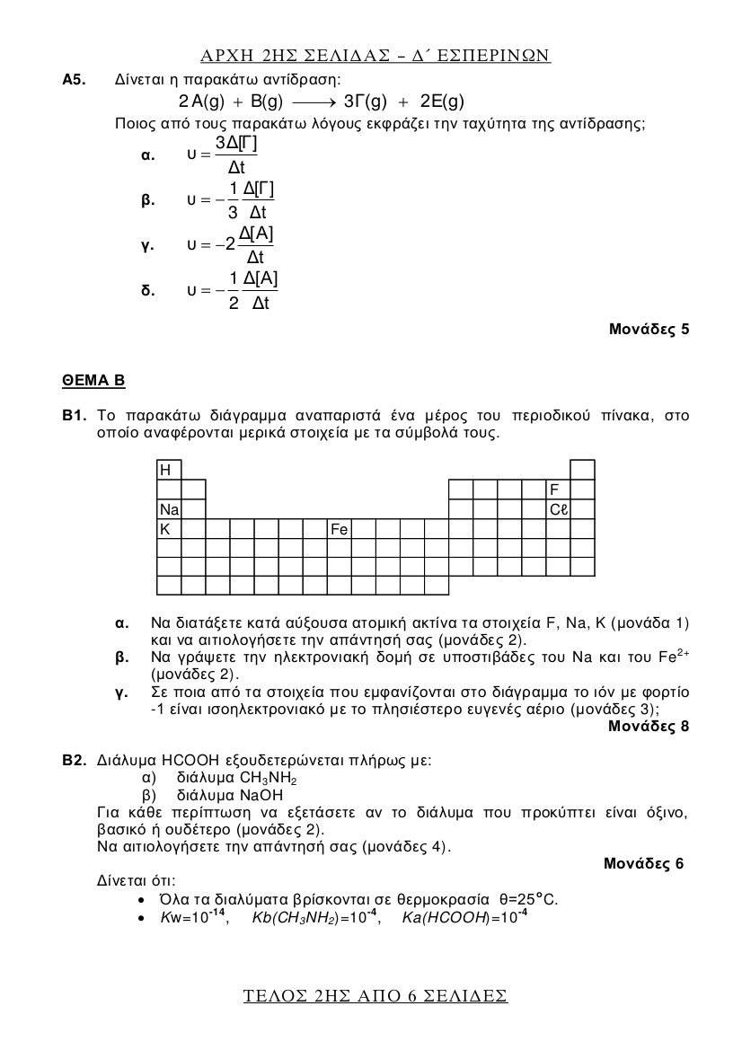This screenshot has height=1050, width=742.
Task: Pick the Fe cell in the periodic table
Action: click(339, 529)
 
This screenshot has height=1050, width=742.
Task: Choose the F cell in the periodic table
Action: click(558, 490)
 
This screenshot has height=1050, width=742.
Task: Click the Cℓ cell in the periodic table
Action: click(559, 509)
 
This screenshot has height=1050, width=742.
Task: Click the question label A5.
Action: click(74, 80)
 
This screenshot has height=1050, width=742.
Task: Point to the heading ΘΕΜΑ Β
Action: click(93, 381)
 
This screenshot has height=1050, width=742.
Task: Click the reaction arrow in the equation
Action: click(313, 101)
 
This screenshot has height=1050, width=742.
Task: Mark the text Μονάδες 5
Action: click(649, 329)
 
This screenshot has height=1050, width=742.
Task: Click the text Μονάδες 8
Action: click(649, 727)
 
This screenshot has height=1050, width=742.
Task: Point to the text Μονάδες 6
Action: click(643, 864)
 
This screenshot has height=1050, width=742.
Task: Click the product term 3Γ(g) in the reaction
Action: click(366, 101)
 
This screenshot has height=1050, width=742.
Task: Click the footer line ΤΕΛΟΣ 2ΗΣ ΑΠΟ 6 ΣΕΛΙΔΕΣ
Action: click(375, 996)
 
